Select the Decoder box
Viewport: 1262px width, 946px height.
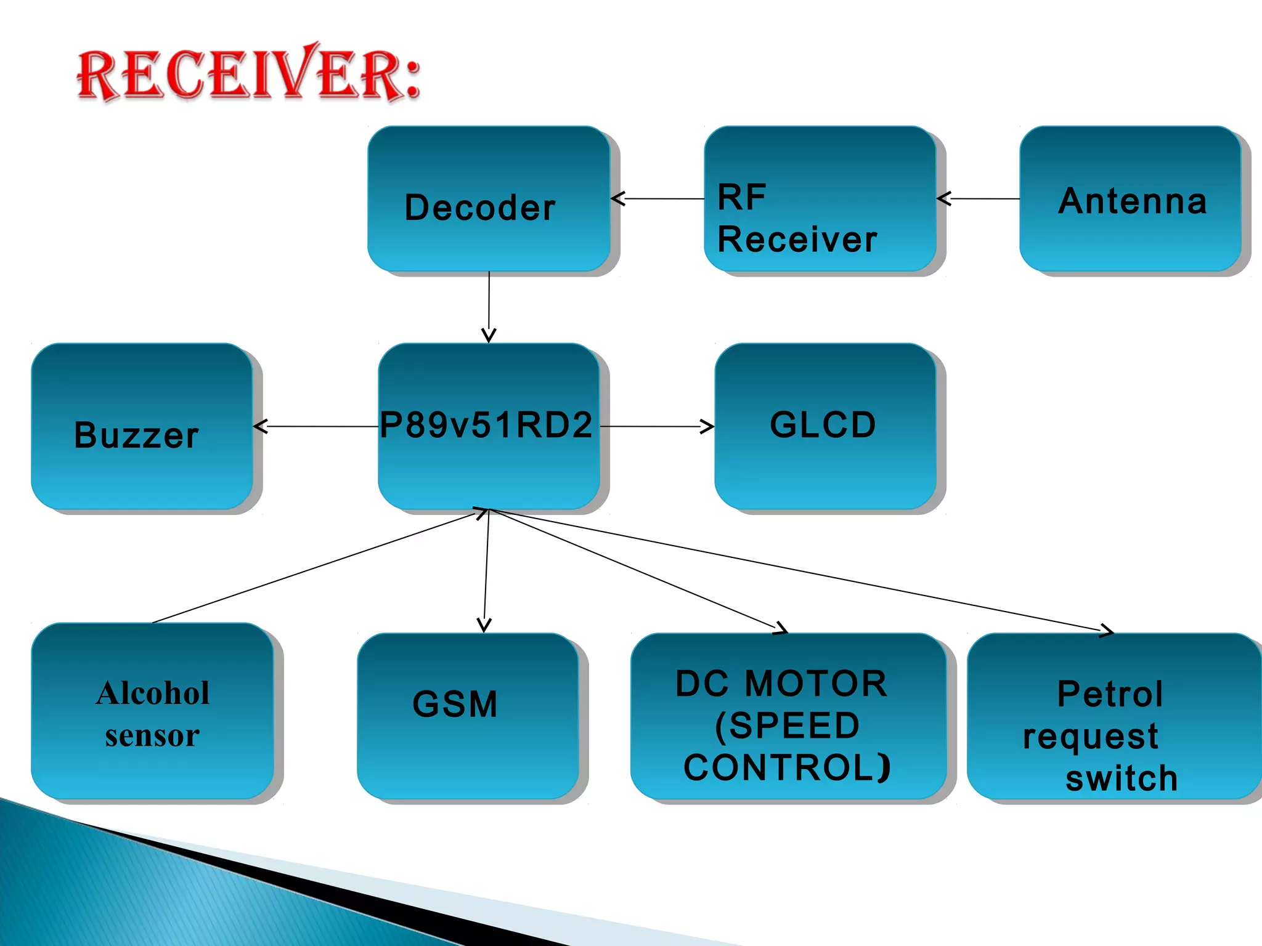(x=489, y=198)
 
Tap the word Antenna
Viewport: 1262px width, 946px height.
(x=1132, y=201)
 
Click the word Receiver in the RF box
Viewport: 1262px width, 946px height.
(x=797, y=240)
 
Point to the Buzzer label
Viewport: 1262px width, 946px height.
(x=136, y=435)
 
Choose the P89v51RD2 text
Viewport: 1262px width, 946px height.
(x=486, y=425)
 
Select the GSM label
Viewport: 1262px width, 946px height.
(x=455, y=704)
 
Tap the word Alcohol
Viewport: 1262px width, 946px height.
(x=153, y=693)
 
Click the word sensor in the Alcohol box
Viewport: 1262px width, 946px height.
(x=152, y=735)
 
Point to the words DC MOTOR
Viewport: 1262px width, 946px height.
(x=781, y=684)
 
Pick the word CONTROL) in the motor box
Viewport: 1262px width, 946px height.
(x=787, y=767)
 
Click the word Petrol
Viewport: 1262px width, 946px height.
(x=1110, y=694)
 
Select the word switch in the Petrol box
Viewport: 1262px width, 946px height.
(x=1122, y=778)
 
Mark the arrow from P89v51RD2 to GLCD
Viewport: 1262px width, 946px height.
(x=657, y=426)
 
